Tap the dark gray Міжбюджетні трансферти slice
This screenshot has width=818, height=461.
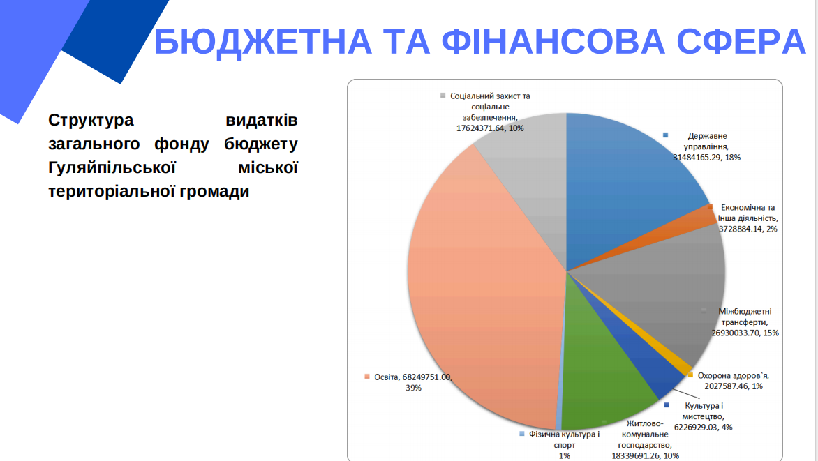point(663,293)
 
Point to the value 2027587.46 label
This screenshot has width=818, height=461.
point(725,386)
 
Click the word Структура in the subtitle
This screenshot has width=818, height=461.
point(91,120)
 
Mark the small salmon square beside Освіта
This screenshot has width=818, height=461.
point(366,377)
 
